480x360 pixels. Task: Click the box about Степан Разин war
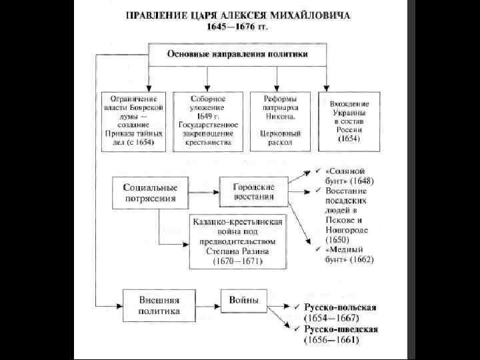[x=237, y=241]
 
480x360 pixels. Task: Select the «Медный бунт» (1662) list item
[x=347, y=255]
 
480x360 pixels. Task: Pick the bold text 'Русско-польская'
[x=341, y=307]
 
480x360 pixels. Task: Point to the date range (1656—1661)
[x=331, y=340]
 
